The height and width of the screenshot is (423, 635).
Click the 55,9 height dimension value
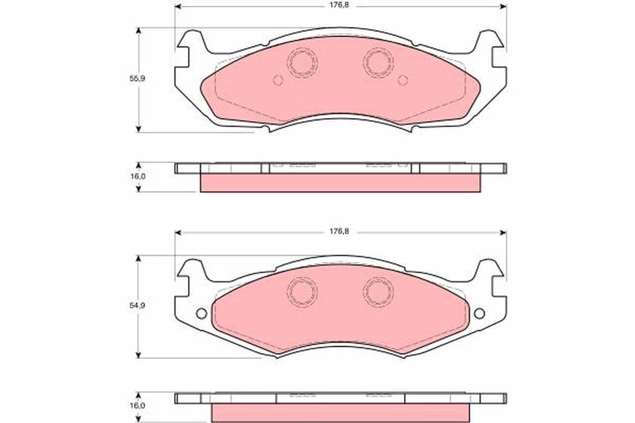(137, 78)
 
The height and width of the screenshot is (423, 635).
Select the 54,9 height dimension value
(137, 305)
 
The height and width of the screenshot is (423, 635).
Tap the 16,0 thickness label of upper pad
(137, 176)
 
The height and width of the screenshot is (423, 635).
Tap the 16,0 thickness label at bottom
(137, 405)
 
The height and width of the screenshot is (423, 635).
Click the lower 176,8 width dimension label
(339, 232)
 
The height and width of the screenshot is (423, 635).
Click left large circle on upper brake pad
(302, 63)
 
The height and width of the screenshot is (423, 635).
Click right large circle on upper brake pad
(377, 63)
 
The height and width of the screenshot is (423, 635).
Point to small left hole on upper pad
(278, 80)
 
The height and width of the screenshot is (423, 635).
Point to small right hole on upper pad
(403, 80)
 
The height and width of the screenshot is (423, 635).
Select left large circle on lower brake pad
(302, 291)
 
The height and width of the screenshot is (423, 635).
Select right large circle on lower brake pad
(377, 291)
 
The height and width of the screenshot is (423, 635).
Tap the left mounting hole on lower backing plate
(201, 313)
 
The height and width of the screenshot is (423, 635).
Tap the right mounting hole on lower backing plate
(479, 313)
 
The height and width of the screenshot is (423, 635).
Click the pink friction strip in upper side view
(340, 183)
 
